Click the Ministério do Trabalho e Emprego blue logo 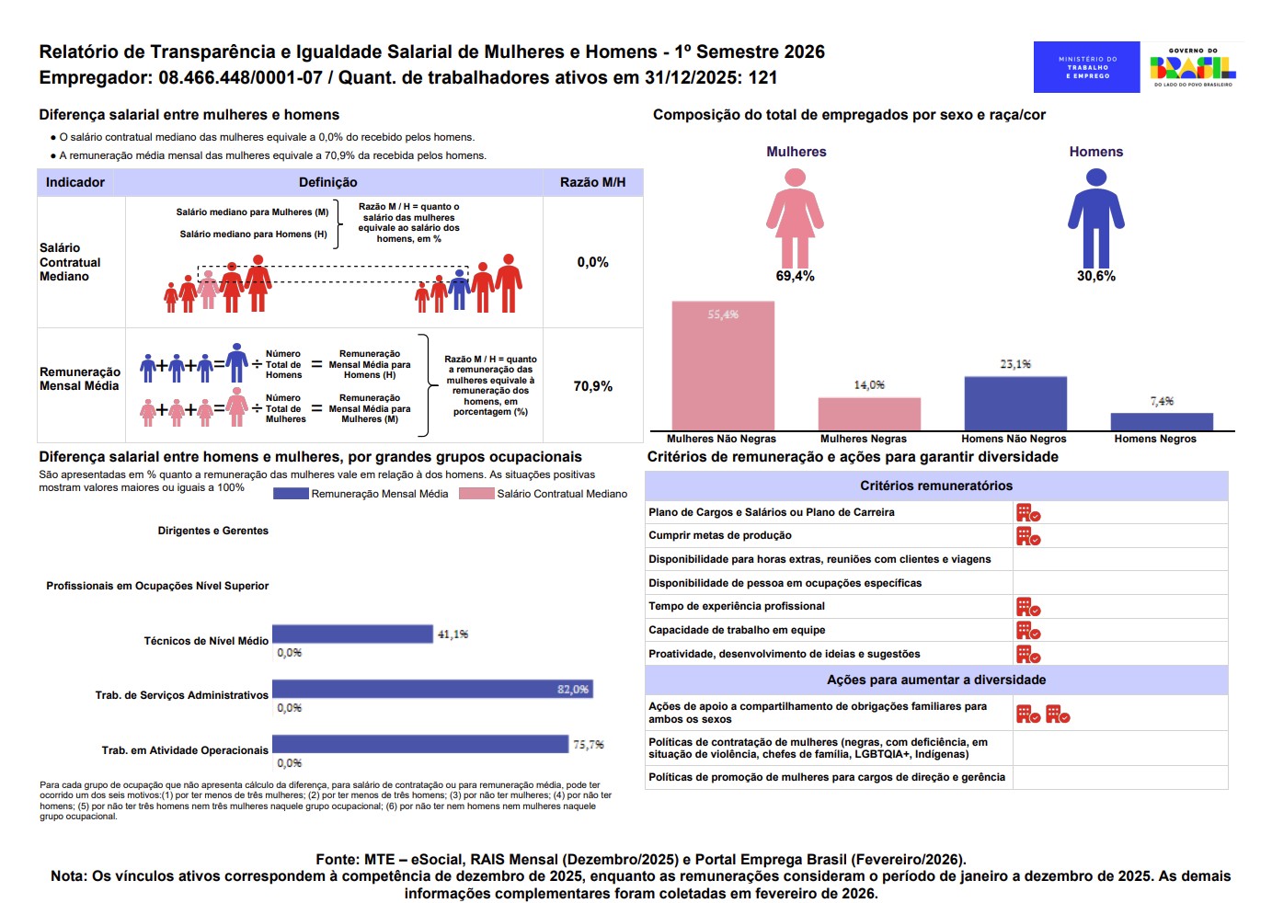(1086, 67)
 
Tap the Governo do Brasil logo (1193, 67)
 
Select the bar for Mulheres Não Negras (723, 365)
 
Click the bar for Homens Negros (1162, 422)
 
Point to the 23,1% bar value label (1015, 364)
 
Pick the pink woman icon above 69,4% (795, 218)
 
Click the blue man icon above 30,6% (1096, 218)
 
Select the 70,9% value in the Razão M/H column (593, 386)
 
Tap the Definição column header (328, 182)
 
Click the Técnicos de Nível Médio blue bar (352, 634)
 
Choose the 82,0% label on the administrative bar (572, 689)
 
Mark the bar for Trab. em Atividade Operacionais (420, 744)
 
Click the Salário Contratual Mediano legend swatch (476, 494)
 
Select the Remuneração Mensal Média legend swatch (291, 494)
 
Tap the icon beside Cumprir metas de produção (1028, 536)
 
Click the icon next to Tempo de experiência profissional (1028, 607)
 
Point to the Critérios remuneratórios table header (935, 486)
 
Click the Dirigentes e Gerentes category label (213, 531)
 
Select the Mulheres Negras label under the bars (863, 439)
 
